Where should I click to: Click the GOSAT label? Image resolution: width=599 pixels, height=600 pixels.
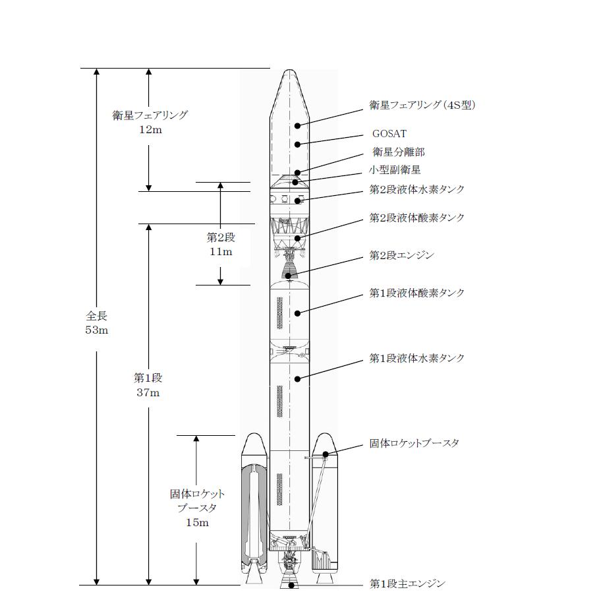pyautogui.click(x=389, y=134)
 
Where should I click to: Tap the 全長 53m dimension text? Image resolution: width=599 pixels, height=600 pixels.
pyautogui.click(x=97, y=323)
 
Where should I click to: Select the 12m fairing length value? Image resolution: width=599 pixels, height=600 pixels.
pyautogui.click(x=151, y=130)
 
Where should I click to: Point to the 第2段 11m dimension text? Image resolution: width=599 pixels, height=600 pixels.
pyautogui.click(x=221, y=245)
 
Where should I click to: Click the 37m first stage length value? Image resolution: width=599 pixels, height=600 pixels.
pyautogui.click(x=148, y=392)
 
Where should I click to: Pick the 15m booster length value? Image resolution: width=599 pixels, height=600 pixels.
pyautogui.click(x=198, y=522)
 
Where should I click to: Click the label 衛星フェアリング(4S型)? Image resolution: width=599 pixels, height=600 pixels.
pyautogui.click(x=422, y=105)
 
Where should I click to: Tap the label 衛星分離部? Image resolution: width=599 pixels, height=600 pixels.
pyautogui.click(x=399, y=152)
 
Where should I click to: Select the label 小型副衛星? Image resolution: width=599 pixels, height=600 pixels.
pyautogui.click(x=395, y=169)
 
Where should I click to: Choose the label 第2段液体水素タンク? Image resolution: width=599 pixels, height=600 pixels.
pyautogui.click(x=417, y=189)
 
